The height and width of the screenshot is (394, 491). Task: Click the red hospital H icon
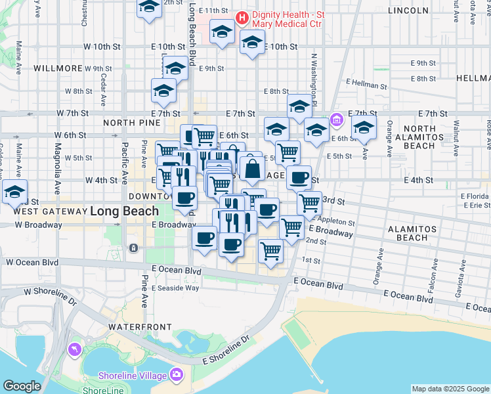pos(242,16)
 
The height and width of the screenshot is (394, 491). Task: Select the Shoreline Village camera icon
pos(176,375)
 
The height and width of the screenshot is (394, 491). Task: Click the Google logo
pos(22,386)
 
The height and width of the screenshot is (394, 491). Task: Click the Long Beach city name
pos(124,211)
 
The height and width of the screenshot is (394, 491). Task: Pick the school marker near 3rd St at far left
pos(14,193)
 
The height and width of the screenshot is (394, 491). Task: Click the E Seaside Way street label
pos(175,288)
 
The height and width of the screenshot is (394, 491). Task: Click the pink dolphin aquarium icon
pos(75,350)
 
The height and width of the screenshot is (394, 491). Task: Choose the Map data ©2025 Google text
pos(450,389)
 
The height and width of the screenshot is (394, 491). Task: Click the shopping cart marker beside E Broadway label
pos(291,228)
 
